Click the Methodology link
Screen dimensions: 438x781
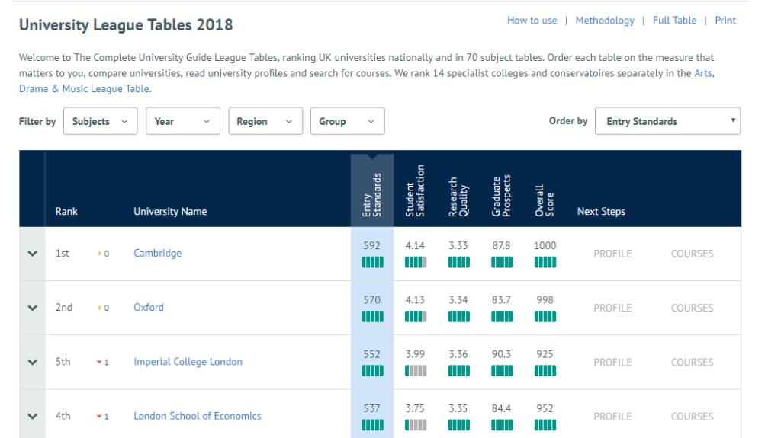(x=604, y=21)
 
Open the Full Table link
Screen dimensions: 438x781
(x=674, y=21)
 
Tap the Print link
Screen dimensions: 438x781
(x=725, y=21)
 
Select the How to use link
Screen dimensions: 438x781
(x=532, y=21)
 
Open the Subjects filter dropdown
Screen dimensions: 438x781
(x=100, y=121)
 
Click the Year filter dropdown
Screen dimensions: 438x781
(x=182, y=121)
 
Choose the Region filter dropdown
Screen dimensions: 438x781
(x=265, y=121)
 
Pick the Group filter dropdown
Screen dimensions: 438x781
(x=347, y=121)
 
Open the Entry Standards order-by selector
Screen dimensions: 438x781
(x=667, y=121)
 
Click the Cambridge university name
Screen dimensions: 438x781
(x=157, y=253)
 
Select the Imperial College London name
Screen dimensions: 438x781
(x=188, y=362)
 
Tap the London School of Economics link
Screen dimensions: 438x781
(x=197, y=416)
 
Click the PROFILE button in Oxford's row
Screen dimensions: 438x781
(x=612, y=308)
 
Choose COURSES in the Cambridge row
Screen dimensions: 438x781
(x=692, y=254)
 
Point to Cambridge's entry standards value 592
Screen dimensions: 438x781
(x=371, y=246)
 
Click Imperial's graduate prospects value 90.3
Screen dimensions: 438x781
(x=501, y=354)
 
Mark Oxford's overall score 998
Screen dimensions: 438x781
(x=545, y=300)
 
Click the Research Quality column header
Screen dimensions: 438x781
(x=458, y=197)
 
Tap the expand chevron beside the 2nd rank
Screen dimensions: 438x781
(x=32, y=308)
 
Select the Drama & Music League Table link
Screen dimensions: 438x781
(x=85, y=89)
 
